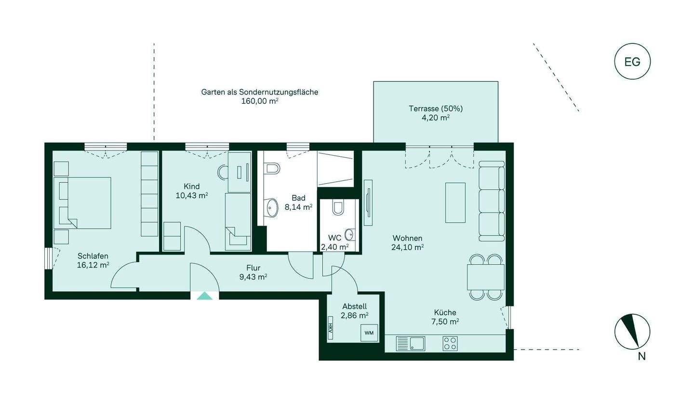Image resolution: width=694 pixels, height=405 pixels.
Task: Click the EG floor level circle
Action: [632, 62]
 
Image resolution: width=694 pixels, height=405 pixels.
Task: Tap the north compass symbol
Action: [632, 331]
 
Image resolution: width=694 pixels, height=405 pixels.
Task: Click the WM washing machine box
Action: [369, 333]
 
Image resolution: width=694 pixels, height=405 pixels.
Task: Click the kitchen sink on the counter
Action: [411, 343]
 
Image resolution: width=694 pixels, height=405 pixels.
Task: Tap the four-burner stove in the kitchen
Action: [450, 343]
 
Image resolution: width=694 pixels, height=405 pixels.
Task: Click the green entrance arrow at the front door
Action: [204, 296]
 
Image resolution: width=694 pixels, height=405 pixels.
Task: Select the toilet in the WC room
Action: [338, 207]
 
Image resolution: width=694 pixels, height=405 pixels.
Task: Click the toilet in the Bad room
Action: [272, 168]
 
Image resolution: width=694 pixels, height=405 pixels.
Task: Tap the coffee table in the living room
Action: [455, 202]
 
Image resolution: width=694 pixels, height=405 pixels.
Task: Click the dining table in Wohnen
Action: [485, 277]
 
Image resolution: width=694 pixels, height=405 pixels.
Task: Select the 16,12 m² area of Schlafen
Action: [93, 265]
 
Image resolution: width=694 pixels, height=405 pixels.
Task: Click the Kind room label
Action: [191, 186]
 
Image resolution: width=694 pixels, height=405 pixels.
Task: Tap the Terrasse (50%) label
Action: [436, 108]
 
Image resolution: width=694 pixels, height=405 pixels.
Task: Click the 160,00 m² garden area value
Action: [260, 101]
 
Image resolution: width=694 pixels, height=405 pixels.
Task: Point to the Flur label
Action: [253, 268]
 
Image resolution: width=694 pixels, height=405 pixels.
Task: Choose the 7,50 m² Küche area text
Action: [445, 321]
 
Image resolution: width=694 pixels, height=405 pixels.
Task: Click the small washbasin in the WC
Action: [350, 234]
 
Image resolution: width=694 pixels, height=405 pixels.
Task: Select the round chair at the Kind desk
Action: [223, 172]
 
